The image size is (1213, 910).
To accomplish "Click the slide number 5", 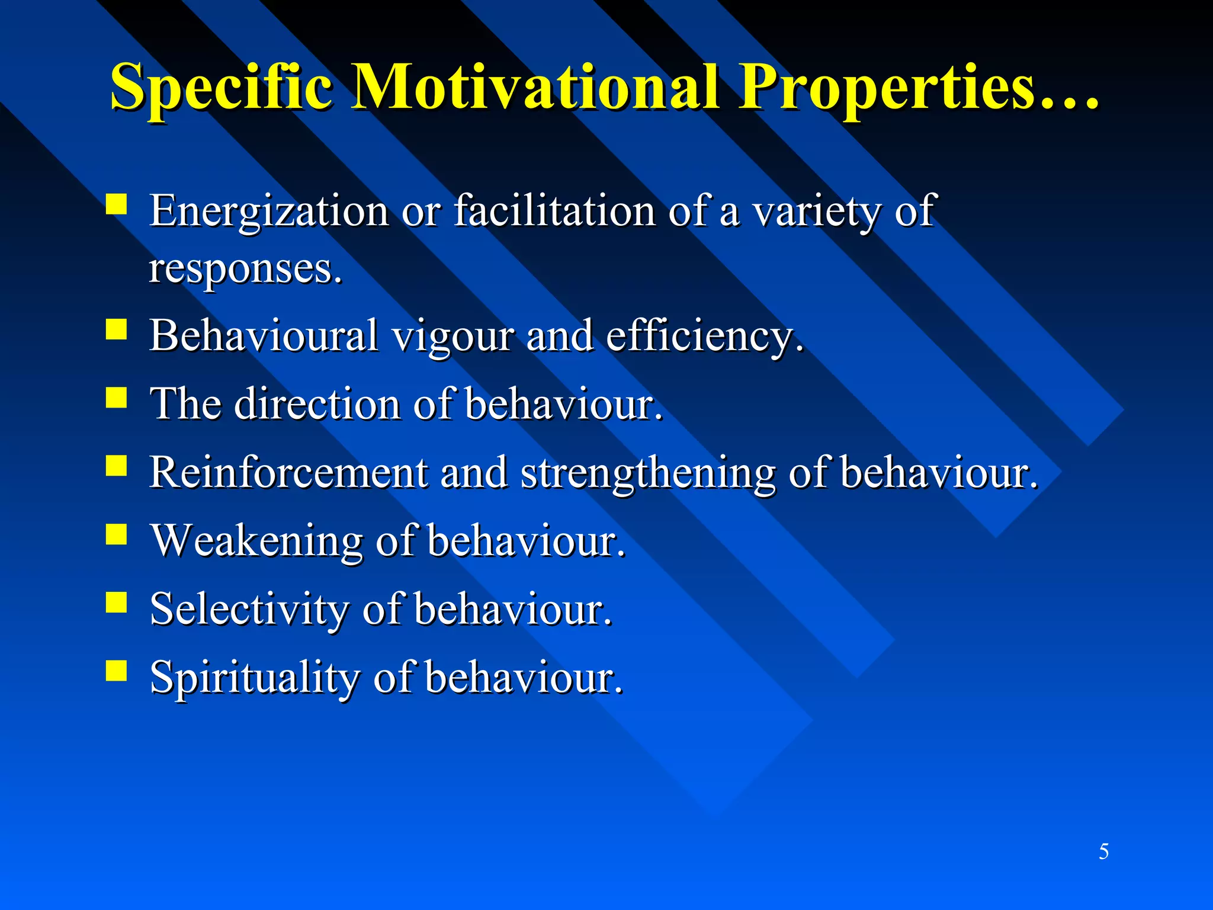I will coord(1103,851).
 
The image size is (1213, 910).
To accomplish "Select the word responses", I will coord(245,270).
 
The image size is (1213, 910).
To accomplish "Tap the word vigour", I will coord(454,337).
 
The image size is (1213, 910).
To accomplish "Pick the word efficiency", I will coord(704,337).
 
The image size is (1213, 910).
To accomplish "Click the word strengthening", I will coord(647,474).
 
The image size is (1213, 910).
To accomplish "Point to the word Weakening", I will coord(257,541).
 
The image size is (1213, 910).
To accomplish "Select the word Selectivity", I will coord(249,610).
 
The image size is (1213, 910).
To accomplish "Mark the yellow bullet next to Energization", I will coord(117,204).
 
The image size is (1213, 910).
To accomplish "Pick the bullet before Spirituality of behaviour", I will coord(117,671).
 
